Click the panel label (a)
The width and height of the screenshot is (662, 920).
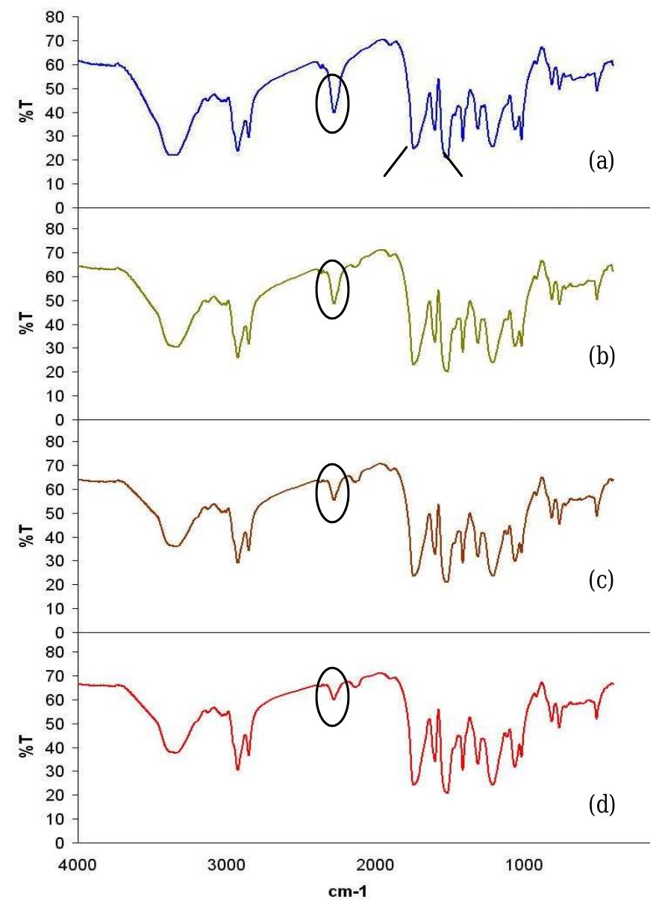pyautogui.click(x=601, y=160)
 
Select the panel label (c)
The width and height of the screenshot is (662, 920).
pyautogui.click(x=601, y=581)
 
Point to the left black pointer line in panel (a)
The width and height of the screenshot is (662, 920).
pyautogui.click(x=396, y=161)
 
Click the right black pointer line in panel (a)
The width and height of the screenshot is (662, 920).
pyautogui.click(x=453, y=166)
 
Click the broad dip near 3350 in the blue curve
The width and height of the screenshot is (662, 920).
pyautogui.click(x=173, y=154)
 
